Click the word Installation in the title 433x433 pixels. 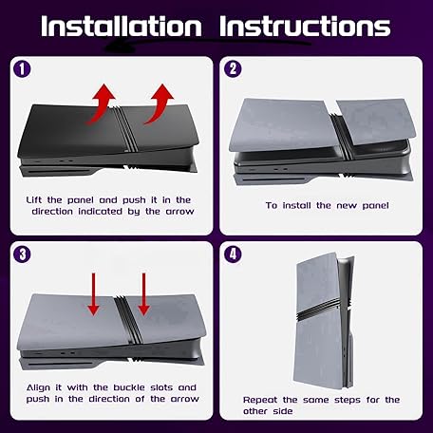click(x=122, y=26)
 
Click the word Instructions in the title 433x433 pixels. click(x=305, y=26)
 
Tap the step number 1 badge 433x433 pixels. click(x=22, y=69)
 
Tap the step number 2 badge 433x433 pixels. click(x=233, y=69)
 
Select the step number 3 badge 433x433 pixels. click(x=22, y=254)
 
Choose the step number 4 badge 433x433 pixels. click(x=233, y=254)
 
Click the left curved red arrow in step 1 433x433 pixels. click(x=101, y=104)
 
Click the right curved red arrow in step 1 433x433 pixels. click(x=160, y=104)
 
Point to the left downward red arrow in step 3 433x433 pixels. click(x=93, y=294)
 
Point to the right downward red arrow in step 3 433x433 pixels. click(x=143, y=294)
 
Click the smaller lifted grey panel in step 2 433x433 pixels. click(x=373, y=122)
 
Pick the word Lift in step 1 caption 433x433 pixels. click(x=33, y=200)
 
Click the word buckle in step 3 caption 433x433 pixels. click(x=129, y=387)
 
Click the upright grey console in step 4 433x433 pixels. click(x=325, y=321)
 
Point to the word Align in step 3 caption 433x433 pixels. click(x=38, y=388)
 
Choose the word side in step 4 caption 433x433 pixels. click(x=282, y=411)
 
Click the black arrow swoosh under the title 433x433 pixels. click(x=206, y=46)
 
